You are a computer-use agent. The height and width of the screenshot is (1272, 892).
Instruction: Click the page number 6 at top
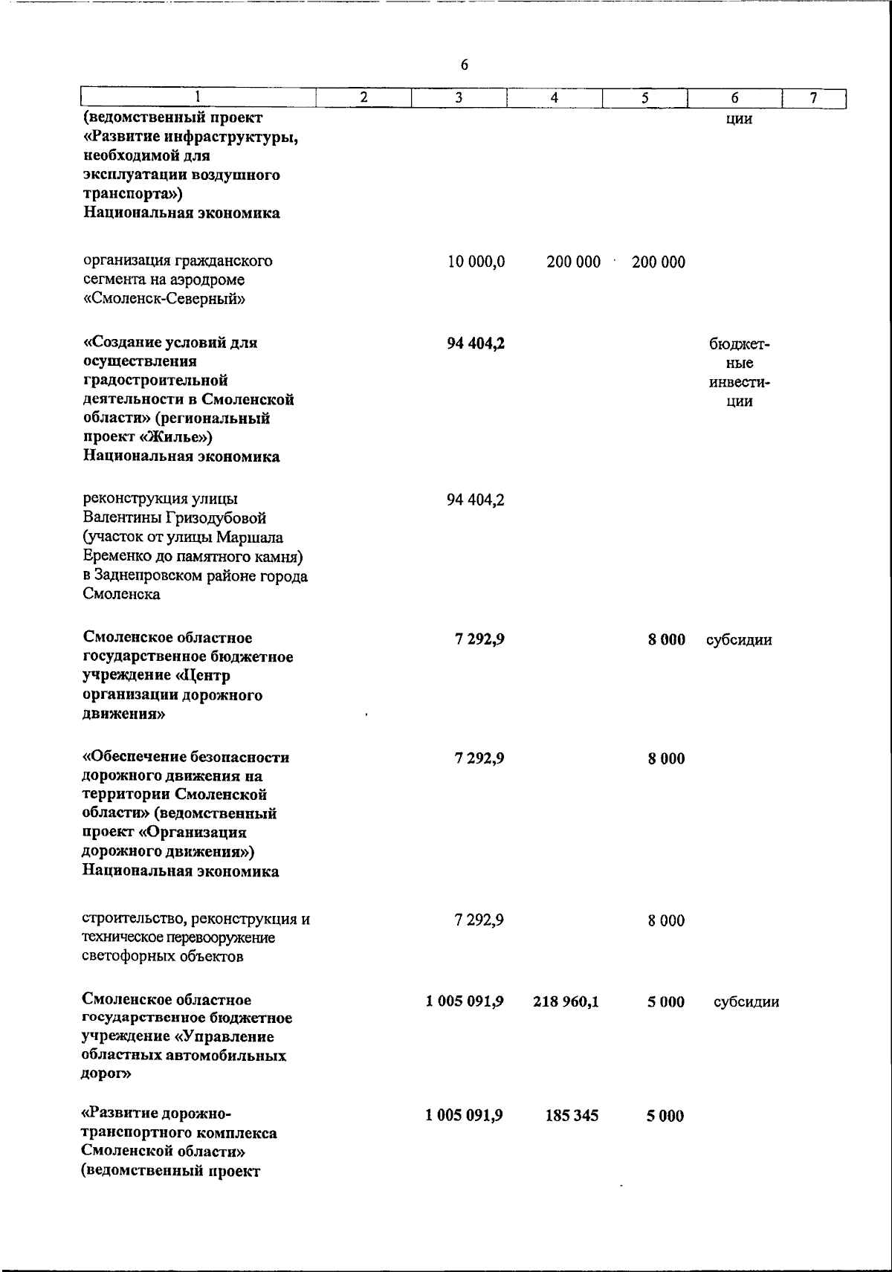465,65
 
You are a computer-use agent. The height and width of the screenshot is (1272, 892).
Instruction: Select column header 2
363,97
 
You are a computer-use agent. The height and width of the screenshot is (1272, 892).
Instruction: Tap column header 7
814,97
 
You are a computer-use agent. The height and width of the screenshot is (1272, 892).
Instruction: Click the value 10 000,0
476,262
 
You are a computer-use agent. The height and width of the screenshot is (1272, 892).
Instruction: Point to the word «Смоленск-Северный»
164,300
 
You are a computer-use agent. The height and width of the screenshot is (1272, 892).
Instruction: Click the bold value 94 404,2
476,343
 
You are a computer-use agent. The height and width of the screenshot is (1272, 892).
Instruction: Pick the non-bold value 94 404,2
476,500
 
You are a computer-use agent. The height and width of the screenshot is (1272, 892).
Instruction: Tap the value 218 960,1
566,1002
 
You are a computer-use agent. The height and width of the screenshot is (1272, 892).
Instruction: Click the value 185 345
572,1116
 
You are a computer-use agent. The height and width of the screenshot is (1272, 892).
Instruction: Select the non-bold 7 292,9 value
479,920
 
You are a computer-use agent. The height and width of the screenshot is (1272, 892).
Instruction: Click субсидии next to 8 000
739,639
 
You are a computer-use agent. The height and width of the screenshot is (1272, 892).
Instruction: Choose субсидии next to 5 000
746,1002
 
